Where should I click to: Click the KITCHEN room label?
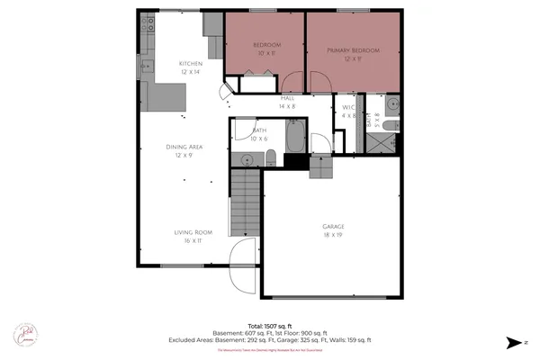click(x=191, y=63)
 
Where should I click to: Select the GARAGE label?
click(x=333, y=226)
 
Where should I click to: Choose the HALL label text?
click(x=288, y=97)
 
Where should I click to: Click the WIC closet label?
click(x=349, y=107)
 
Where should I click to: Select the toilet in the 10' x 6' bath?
click(x=270, y=159)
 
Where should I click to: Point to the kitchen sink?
click(x=144, y=66)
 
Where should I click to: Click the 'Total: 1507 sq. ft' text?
click(x=269, y=325)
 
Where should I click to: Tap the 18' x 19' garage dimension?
click(x=333, y=234)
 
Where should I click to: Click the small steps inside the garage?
click(x=321, y=166)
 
